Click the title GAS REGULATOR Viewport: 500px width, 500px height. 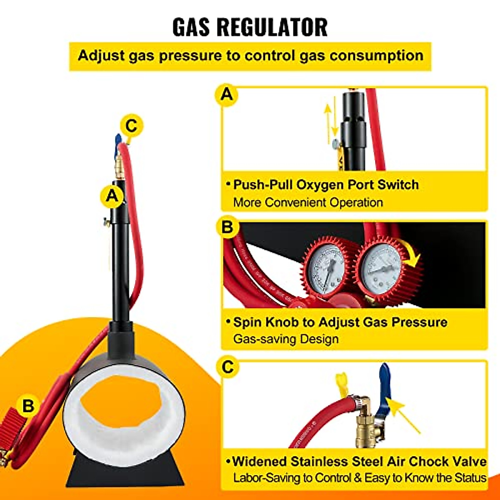click(250, 27)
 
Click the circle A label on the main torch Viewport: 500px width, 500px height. click(112, 195)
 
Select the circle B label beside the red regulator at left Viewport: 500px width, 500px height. click(28, 405)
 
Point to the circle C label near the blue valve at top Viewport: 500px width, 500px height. click(131, 125)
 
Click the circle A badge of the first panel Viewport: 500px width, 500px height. click(227, 95)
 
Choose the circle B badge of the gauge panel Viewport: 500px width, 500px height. click(227, 227)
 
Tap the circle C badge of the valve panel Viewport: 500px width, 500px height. click(227, 367)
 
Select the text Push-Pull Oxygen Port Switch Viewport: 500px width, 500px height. click(325, 185)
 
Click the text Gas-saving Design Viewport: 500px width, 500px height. click(286, 339)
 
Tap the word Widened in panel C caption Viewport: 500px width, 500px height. click(259, 462)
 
